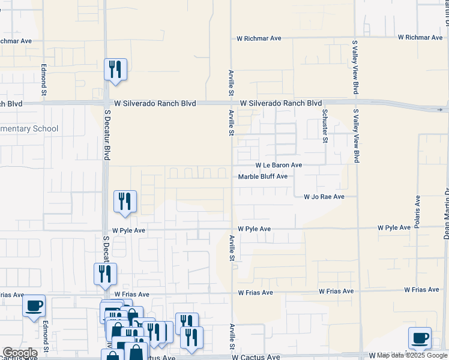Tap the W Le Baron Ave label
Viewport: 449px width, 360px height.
click(279, 165)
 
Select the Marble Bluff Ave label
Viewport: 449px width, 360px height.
click(263, 176)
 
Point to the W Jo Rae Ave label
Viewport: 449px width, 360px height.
click(324, 196)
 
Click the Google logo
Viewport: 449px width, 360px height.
click(20, 353)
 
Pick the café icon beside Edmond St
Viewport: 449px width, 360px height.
click(34, 305)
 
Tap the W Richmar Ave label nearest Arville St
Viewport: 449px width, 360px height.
click(259, 38)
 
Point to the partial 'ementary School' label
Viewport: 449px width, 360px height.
click(29, 128)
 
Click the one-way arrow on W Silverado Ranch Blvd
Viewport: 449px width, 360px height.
click(441, 110)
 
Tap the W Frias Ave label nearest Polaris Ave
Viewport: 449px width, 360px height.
click(421, 290)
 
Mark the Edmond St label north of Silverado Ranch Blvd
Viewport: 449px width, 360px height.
click(44, 80)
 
